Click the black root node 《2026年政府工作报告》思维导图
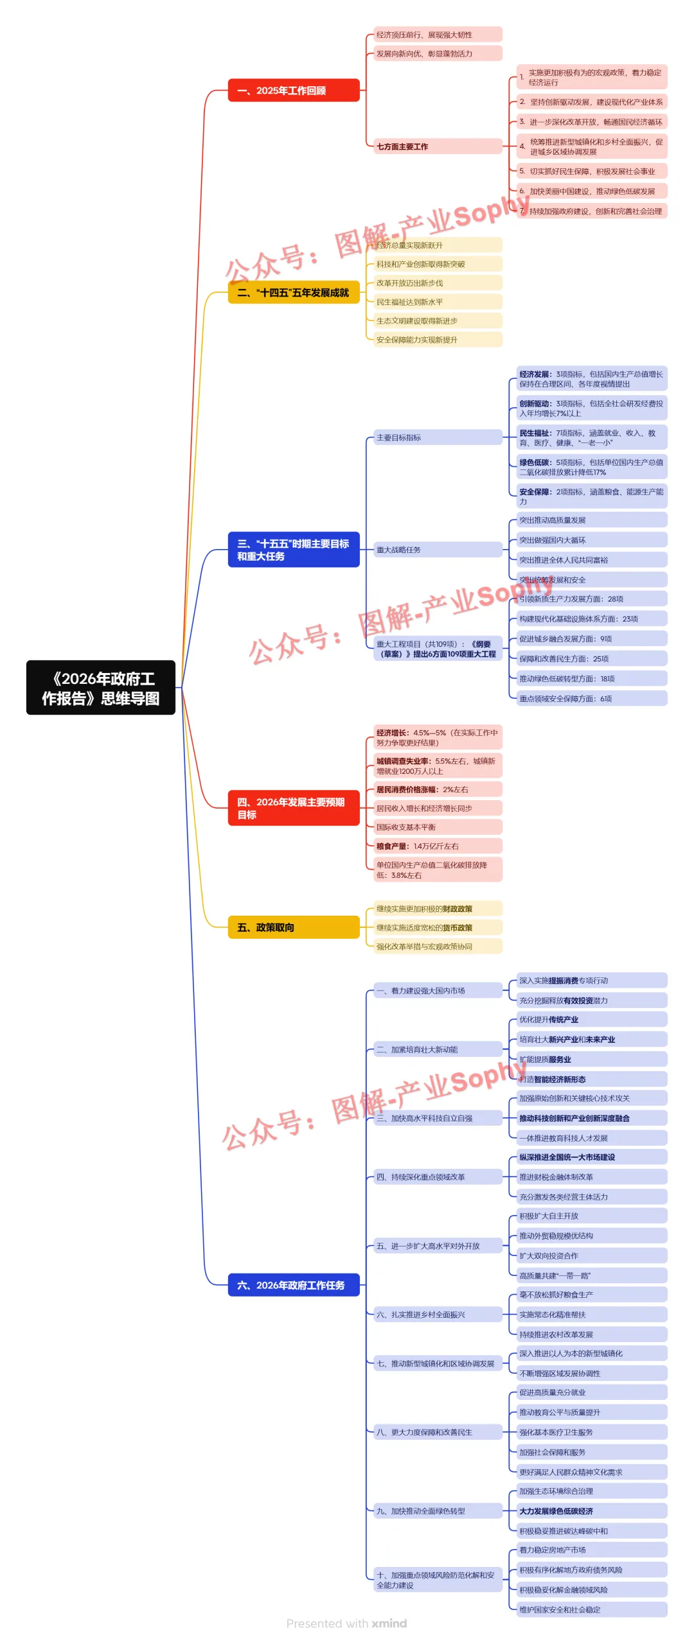coord(101,688)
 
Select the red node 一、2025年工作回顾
coord(294,91)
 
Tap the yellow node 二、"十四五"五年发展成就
coord(294,293)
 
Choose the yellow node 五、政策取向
coord(294,927)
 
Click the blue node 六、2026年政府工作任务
coord(294,1285)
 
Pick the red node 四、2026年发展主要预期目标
coord(294,808)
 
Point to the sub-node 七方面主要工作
coord(438,146)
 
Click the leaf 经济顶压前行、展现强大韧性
coord(438,35)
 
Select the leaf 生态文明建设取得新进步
coord(438,321)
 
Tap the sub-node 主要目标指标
coord(438,437)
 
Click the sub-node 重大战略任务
coord(438,550)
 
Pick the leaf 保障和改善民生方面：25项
coord(592,659)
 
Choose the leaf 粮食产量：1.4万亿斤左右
coord(438,846)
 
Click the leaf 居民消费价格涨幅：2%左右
coord(438,790)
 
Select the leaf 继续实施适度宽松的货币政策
coord(438,928)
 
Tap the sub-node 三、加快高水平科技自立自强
coord(438,1118)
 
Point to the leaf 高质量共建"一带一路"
coord(592,1275)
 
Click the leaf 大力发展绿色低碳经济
coord(592,1511)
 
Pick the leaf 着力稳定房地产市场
coord(592,1550)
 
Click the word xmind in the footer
coord(389,1623)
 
